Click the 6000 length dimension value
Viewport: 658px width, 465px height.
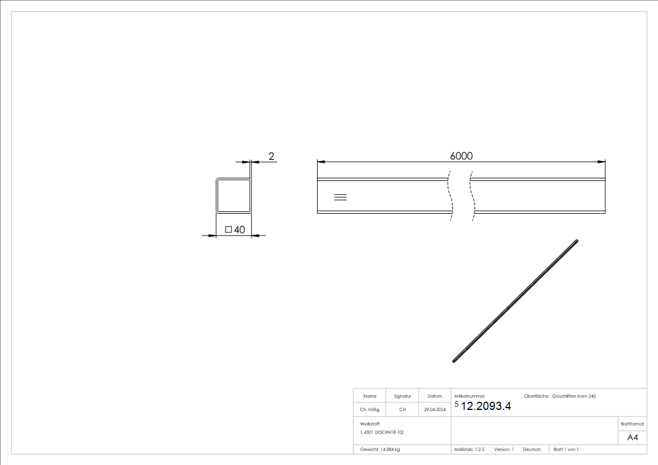(461, 156)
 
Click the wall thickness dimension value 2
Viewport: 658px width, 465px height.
(271, 156)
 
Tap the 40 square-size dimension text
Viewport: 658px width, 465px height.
(240, 230)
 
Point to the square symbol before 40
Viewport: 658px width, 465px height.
(229, 230)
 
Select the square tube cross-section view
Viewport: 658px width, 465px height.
(233, 196)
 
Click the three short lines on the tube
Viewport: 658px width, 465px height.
(340, 197)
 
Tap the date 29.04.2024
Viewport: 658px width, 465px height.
(435, 409)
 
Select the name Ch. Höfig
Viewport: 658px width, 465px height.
(370, 409)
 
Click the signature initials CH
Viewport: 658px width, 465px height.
(403, 409)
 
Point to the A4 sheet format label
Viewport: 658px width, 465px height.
(633, 437)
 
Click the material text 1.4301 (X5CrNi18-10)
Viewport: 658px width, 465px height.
(382, 432)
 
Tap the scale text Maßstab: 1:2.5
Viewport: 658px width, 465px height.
(470, 449)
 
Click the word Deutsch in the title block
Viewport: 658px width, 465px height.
(531, 449)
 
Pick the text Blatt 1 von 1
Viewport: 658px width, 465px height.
(566, 449)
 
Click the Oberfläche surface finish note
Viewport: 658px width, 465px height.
(560, 396)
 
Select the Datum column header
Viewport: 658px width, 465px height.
(435, 396)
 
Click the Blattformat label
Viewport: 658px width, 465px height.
(632, 423)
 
